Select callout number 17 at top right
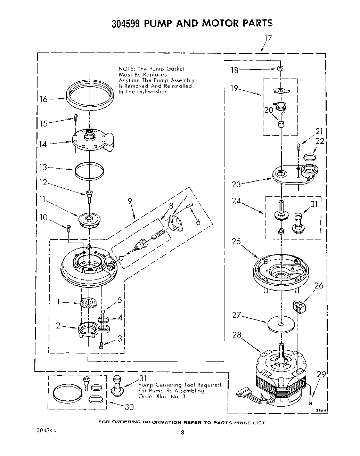(x=268, y=38)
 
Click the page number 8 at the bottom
(x=182, y=433)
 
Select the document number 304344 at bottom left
(x=46, y=430)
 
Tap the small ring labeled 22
(x=310, y=157)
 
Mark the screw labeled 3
(x=101, y=345)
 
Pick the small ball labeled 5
(x=103, y=311)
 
